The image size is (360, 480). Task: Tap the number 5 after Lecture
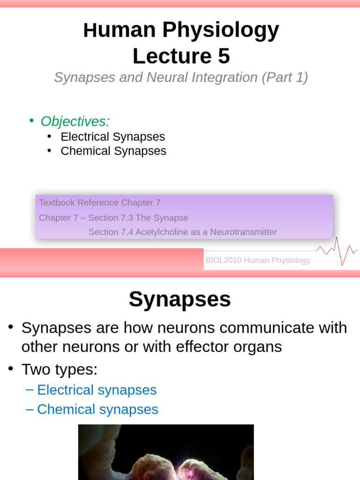point(224,57)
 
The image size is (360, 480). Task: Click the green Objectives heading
point(75,121)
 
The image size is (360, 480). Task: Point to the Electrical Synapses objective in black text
point(112,137)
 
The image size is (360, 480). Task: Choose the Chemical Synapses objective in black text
point(113,151)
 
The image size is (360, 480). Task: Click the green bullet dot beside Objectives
point(31,120)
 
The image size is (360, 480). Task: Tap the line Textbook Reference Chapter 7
point(99,203)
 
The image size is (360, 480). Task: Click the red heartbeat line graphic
point(337,251)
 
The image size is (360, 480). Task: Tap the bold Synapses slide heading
point(180,299)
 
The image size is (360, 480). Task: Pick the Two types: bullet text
point(60,369)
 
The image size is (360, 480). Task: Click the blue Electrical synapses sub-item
point(97,390)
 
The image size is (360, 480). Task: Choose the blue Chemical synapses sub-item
point(97,409)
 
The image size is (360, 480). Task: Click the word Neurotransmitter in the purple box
point(243,232)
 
